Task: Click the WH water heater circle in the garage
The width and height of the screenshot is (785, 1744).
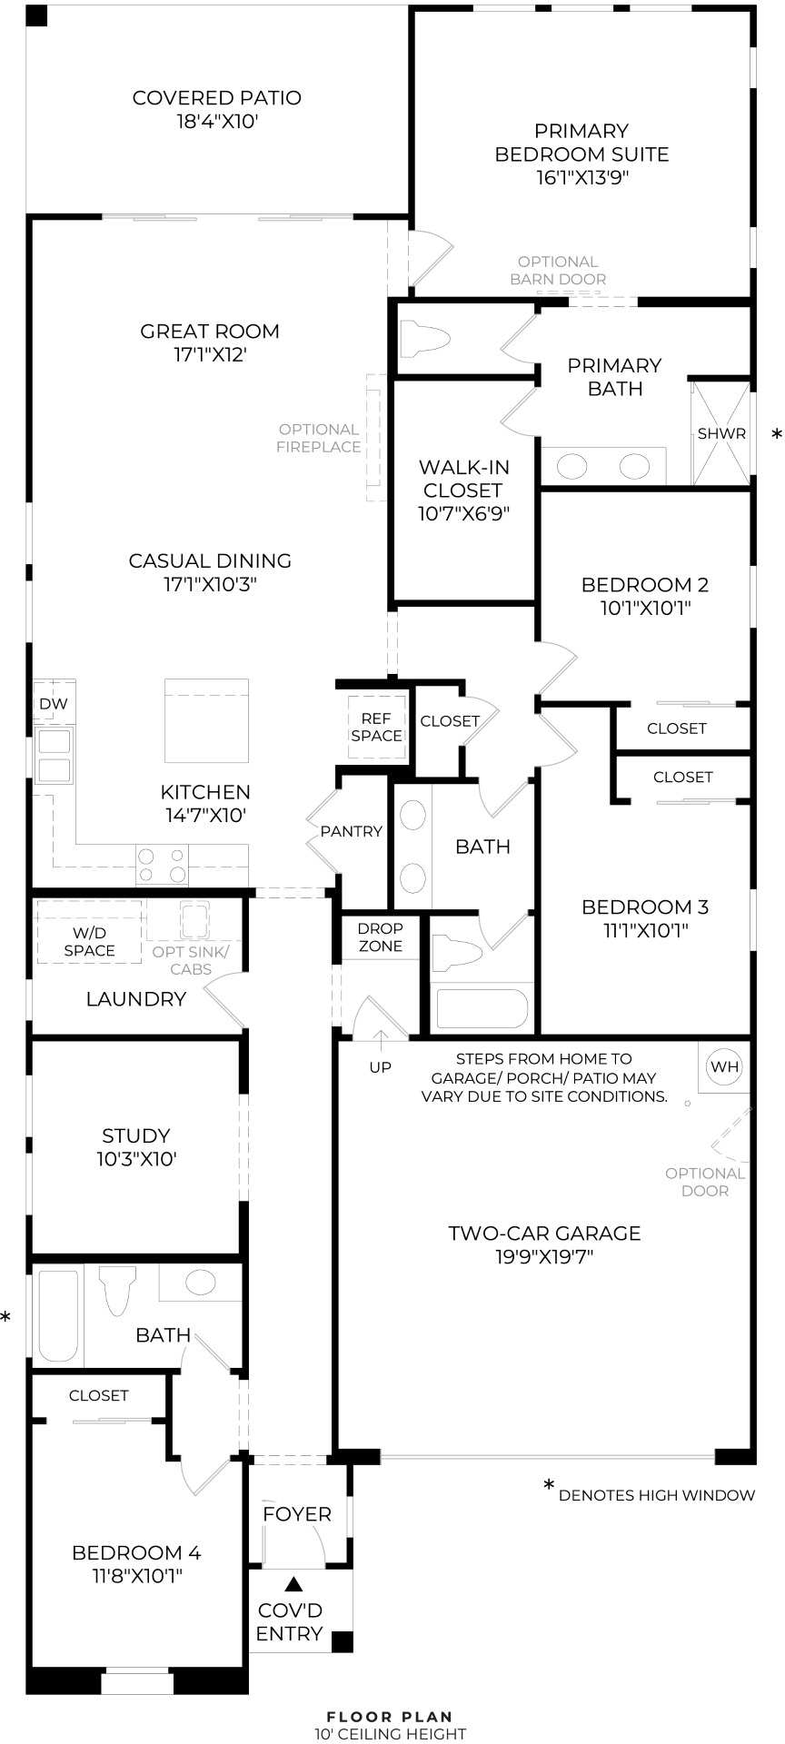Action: tap(725, 1066)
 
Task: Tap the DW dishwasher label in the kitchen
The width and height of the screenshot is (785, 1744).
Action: tap(53, 704)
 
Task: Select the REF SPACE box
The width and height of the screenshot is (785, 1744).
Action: tap(376, 728)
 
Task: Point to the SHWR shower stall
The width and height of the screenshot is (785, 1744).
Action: tap(721, 434)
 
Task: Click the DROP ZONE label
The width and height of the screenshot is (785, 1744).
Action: tap(380, 937)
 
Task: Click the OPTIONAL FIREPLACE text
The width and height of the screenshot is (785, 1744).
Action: tap(318, 438)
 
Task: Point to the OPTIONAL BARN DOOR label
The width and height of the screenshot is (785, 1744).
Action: tap(558, 270)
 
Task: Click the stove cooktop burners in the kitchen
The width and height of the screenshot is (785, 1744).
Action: tap(162, 864)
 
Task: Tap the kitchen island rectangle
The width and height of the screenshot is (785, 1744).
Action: tap(206, 720)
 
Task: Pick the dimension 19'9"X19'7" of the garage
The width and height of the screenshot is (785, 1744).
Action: tap(545, 1257)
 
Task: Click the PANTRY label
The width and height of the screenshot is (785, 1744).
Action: tap(351, 831)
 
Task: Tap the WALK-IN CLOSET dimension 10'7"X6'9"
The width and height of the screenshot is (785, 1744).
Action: tap(463, 513)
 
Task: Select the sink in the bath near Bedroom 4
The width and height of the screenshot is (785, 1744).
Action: tap(200, 1283)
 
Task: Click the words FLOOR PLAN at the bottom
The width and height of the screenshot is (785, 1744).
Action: tap(390, 1717)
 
